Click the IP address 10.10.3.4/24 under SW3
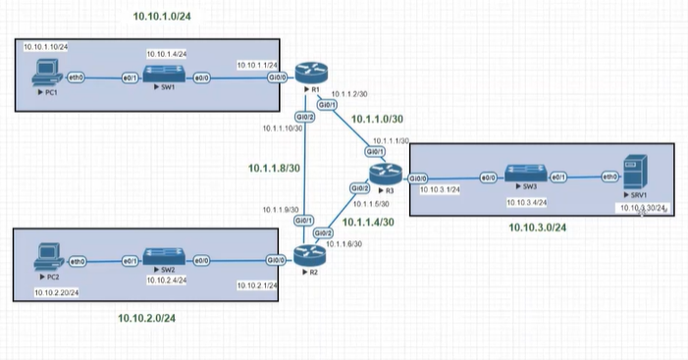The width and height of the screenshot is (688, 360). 526,203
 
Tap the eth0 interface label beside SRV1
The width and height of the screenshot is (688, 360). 609,178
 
